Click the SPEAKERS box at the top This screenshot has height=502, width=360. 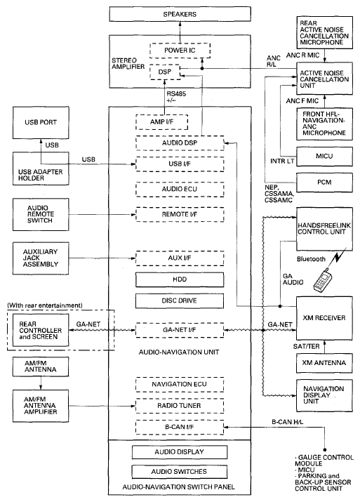point(180,14)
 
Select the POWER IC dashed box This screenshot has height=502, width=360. point(180,51)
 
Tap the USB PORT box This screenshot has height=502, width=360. point(41,122)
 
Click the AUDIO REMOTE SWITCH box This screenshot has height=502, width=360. point(41,214)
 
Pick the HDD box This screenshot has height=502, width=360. point(180,279)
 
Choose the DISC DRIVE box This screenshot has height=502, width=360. point(180,300)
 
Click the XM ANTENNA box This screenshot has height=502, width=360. point(324,363)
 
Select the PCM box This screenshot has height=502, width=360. point(324,183)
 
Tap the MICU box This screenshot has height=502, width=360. point(324,157)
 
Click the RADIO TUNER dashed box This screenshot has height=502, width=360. point(180,406)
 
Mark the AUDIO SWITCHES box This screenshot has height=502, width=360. point(180,472)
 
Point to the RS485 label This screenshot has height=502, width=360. point(176,94)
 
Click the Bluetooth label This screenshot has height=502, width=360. point(311,259)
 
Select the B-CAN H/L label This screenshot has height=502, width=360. point(287,422)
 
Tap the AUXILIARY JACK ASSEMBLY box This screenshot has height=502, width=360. point(41,258)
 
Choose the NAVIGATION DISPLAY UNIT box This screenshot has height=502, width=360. point(324,395)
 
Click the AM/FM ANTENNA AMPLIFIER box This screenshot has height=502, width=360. point(41,406)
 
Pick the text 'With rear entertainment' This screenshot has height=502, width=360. point(45,305)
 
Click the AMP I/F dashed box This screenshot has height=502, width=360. point(161,122)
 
